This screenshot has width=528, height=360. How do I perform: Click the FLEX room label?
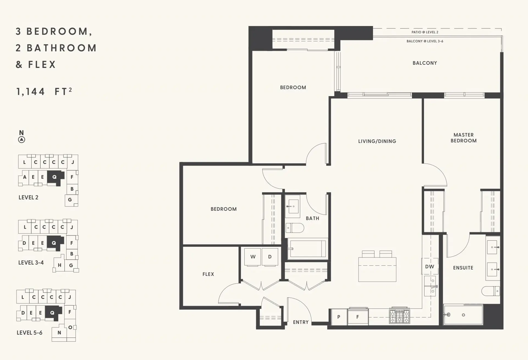point(208,274)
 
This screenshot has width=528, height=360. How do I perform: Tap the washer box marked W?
point(253,257)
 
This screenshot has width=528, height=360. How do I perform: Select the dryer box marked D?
point(270,257)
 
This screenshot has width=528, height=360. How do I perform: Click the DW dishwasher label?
point(430,267)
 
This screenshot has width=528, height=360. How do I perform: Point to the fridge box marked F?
point(358,317)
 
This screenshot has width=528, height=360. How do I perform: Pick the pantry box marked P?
point(339,317)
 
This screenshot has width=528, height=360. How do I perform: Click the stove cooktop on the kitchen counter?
point(400,316)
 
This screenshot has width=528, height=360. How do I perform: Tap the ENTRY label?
point(301,322)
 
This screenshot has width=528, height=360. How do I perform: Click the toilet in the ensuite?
point(490,291)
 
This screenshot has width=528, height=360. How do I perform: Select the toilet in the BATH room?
point(295,228)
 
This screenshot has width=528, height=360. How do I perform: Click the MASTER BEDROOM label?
point(463,138)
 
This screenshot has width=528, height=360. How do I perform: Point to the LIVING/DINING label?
point(377,141)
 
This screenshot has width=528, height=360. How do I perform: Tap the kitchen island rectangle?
point(377,269)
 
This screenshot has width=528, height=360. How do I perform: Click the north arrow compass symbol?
point(21,140)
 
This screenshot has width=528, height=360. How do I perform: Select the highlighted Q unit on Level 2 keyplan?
point(55,177)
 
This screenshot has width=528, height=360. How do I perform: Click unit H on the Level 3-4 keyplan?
point(59,265)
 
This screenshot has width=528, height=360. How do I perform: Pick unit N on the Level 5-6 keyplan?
point(59,333)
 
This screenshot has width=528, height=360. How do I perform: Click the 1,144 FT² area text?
point(44,91)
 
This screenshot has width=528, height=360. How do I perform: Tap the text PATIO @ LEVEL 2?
point(425,32)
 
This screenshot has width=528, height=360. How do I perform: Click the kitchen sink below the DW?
point(430,286)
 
